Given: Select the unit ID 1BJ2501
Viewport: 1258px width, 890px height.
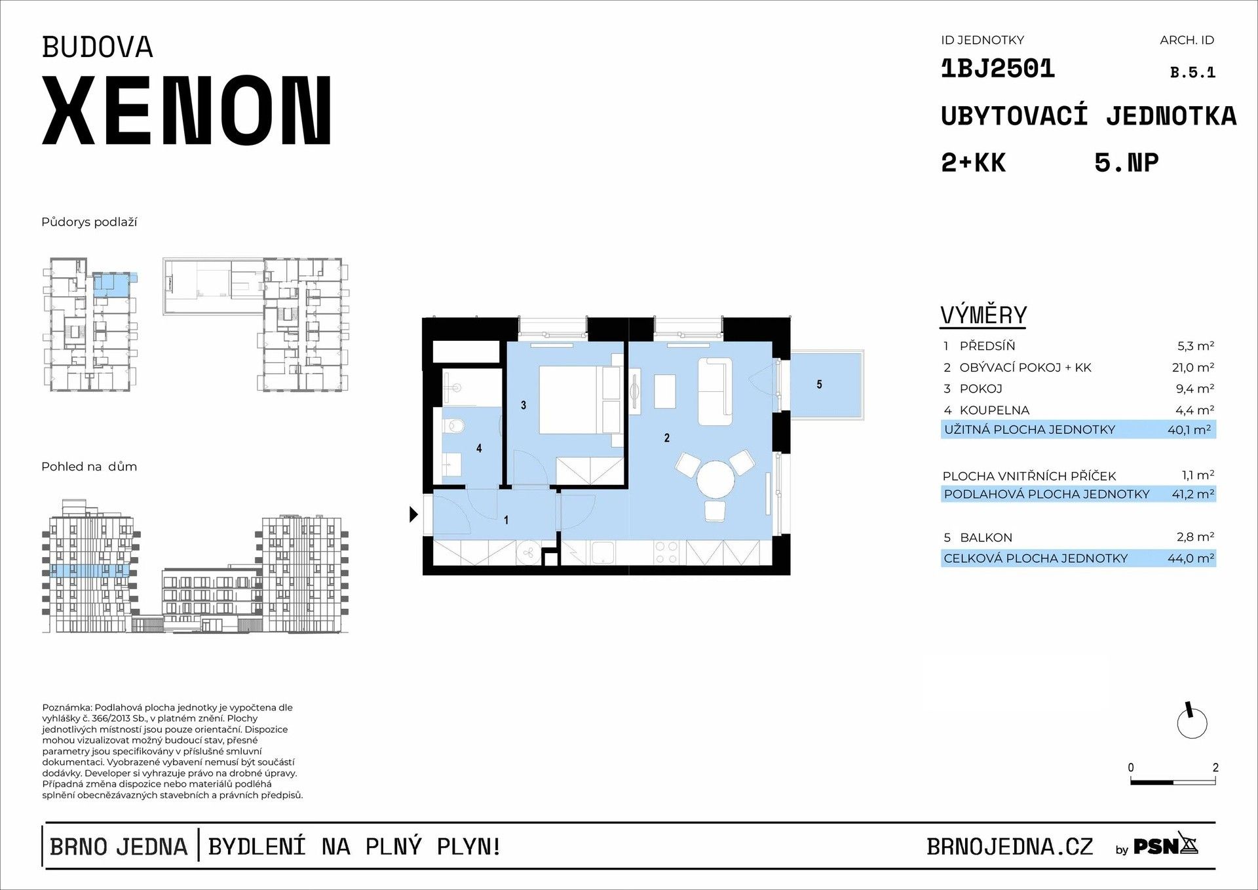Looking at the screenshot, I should click(997, 69).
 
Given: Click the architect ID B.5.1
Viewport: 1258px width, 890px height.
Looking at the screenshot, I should click(1192, 73).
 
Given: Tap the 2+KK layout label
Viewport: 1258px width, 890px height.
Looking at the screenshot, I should click(973, 163).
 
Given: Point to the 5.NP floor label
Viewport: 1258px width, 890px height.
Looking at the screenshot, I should click(1126, 163).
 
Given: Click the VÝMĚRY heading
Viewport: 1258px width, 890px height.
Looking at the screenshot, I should click(983, 315).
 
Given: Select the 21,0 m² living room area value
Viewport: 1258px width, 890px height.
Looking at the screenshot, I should click(1192, 368).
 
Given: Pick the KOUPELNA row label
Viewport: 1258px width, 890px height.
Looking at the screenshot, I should click(994, 410).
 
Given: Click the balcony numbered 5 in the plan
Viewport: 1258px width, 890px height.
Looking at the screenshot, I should click(825, 385).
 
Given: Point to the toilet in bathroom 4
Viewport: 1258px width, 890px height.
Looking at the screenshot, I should click(453, 427).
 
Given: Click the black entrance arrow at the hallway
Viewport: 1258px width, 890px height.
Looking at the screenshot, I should click(413, 514).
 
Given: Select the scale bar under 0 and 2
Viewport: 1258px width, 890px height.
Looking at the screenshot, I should click(1172, 782).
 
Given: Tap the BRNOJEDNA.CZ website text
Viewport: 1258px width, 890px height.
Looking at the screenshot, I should click(1010, 847).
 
